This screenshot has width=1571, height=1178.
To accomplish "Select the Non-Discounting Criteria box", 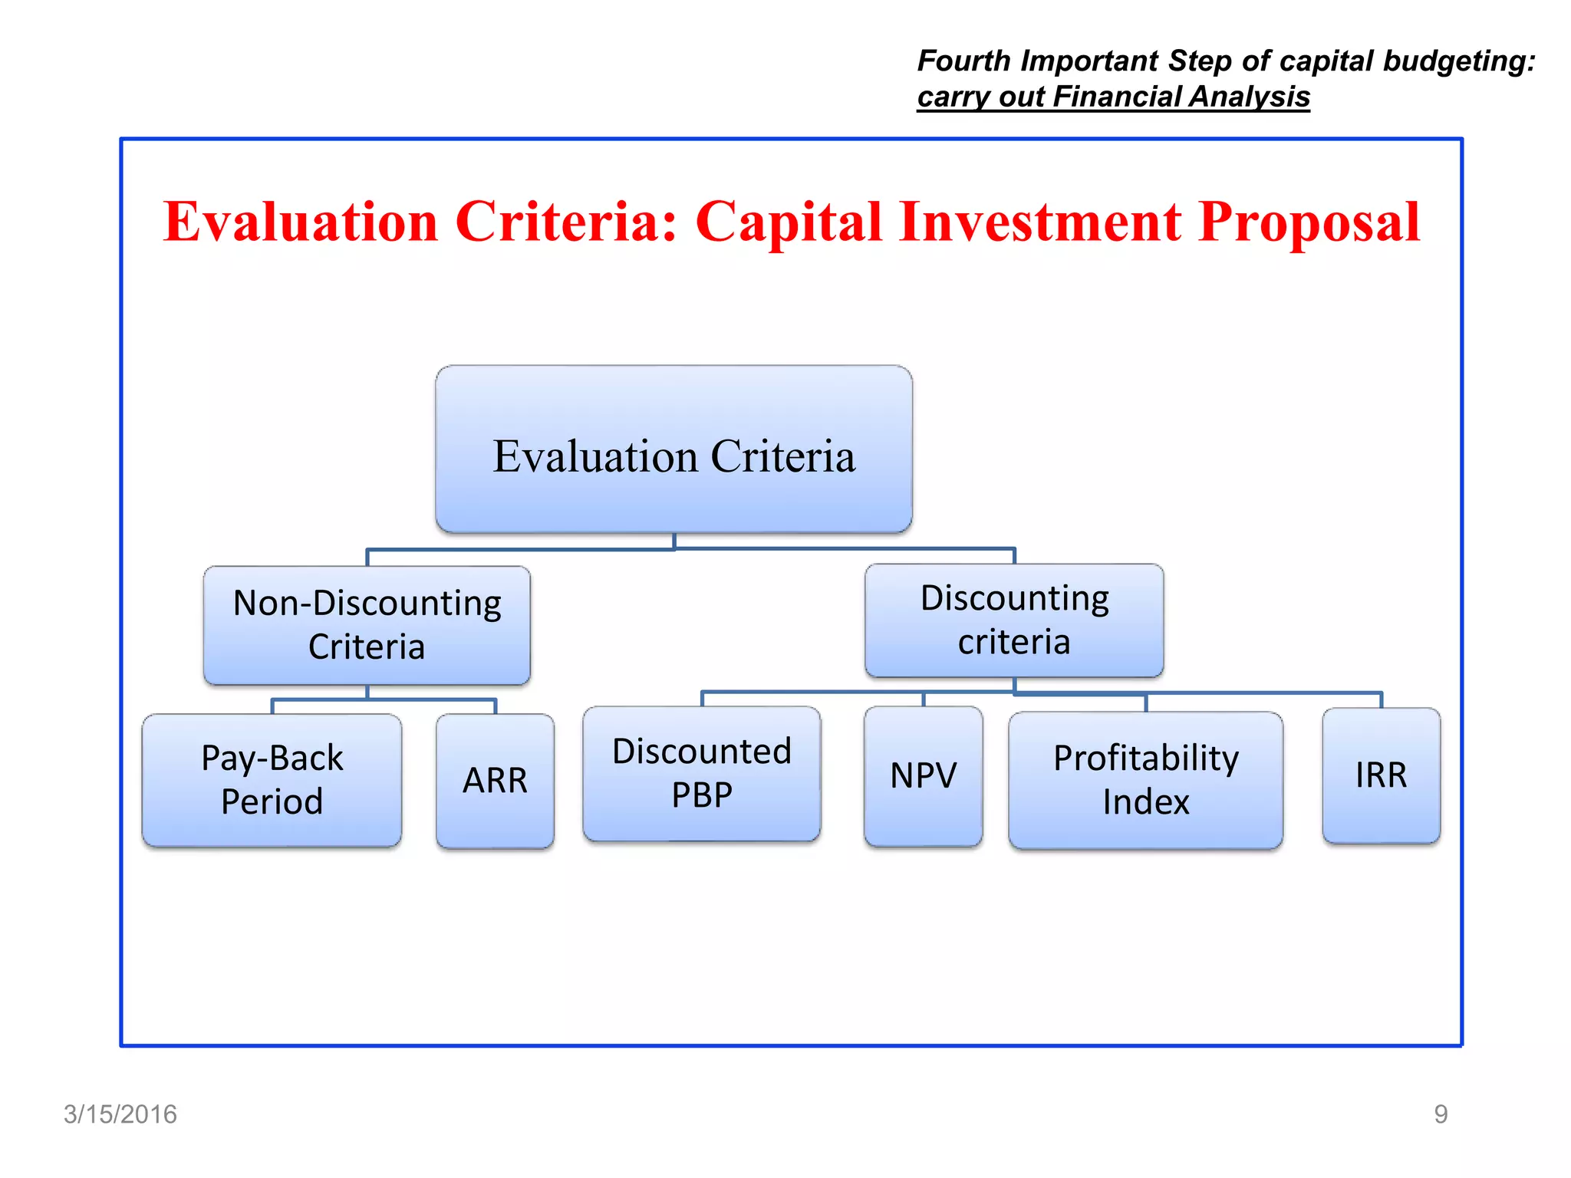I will point(367,625).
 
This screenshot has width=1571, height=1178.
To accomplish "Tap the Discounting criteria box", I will point(1014,620).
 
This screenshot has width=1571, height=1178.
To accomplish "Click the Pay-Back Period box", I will point(272,780).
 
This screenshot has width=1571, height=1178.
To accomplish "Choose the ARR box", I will point(495,781).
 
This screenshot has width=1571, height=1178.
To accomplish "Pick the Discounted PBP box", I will point(701,773).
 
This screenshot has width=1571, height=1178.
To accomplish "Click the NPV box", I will point(923,775).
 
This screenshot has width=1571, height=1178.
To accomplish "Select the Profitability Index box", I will point(1145,780).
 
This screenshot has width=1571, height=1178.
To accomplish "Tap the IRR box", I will point(1381,775).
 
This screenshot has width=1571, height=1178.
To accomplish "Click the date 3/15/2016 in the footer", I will point(120,1114).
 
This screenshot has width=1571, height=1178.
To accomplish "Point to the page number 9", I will point(1441,1114).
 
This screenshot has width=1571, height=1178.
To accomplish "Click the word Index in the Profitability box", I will point(1145,802).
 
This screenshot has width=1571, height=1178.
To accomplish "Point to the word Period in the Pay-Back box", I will point(272,802).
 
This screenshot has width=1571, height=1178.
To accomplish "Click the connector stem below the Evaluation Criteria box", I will point(674,541).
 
